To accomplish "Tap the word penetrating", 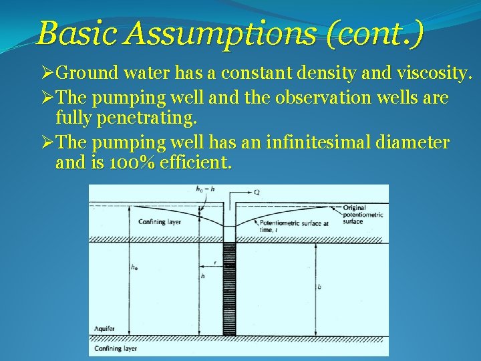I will tap(142, 120).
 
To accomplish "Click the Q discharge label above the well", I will tap(257, 192).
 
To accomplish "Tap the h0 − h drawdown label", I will tap(205, 189).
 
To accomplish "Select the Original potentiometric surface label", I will tap(363, 215).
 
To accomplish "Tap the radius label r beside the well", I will tap(213, 263).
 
